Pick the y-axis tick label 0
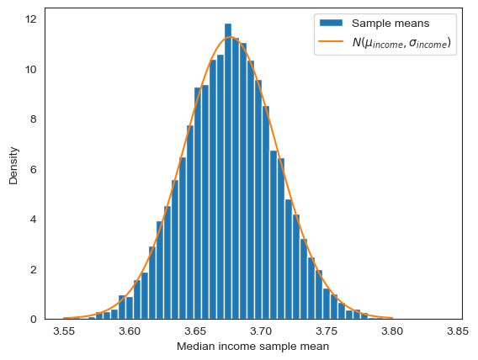(34, 320)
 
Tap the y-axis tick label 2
(34, 269)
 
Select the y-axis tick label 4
(34, 220)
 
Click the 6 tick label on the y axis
(34, 169)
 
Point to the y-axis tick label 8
(34, 119)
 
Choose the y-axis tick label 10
(31, 69)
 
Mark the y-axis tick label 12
(31, 19)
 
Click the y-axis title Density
(13, 167)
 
